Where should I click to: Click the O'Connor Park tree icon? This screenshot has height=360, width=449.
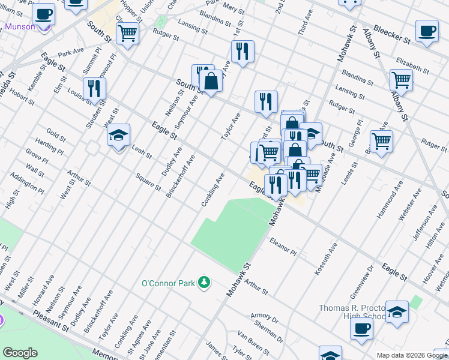205,282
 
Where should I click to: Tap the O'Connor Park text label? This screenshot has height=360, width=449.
169,283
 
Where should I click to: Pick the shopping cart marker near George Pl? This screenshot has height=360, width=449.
381,142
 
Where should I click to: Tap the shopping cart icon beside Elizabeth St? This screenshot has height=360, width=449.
401,79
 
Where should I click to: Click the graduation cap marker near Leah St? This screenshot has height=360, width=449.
119,135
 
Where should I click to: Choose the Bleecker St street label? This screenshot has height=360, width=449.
391,35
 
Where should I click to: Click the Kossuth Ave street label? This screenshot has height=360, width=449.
325,260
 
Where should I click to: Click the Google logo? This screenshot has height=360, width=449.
20,353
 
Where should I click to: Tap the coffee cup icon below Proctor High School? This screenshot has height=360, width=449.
361,329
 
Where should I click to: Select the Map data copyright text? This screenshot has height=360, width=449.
412,355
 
